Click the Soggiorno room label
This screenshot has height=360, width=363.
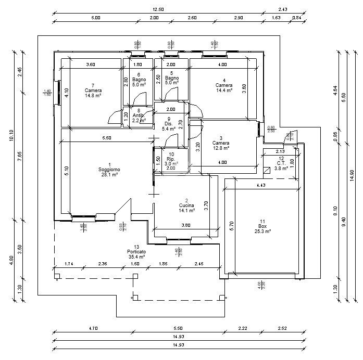tap(109, 170)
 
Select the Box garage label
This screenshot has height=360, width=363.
tap(262, 226)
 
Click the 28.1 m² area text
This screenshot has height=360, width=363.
tap(109, 175)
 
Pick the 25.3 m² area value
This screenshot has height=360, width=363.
tap(262, 232)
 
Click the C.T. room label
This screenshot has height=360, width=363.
tap(281, 163)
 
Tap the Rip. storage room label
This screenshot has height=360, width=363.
tap(170, 159)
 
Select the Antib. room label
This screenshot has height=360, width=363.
tap(137, 115)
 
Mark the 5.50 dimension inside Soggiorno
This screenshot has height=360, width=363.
tap(106, 138)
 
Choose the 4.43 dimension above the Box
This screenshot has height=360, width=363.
tap(261, 185)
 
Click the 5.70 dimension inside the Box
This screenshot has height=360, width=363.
tap(232, 226)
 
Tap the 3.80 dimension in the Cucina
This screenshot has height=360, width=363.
tap(185, 226)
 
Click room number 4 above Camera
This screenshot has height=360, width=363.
tap(224, 80)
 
